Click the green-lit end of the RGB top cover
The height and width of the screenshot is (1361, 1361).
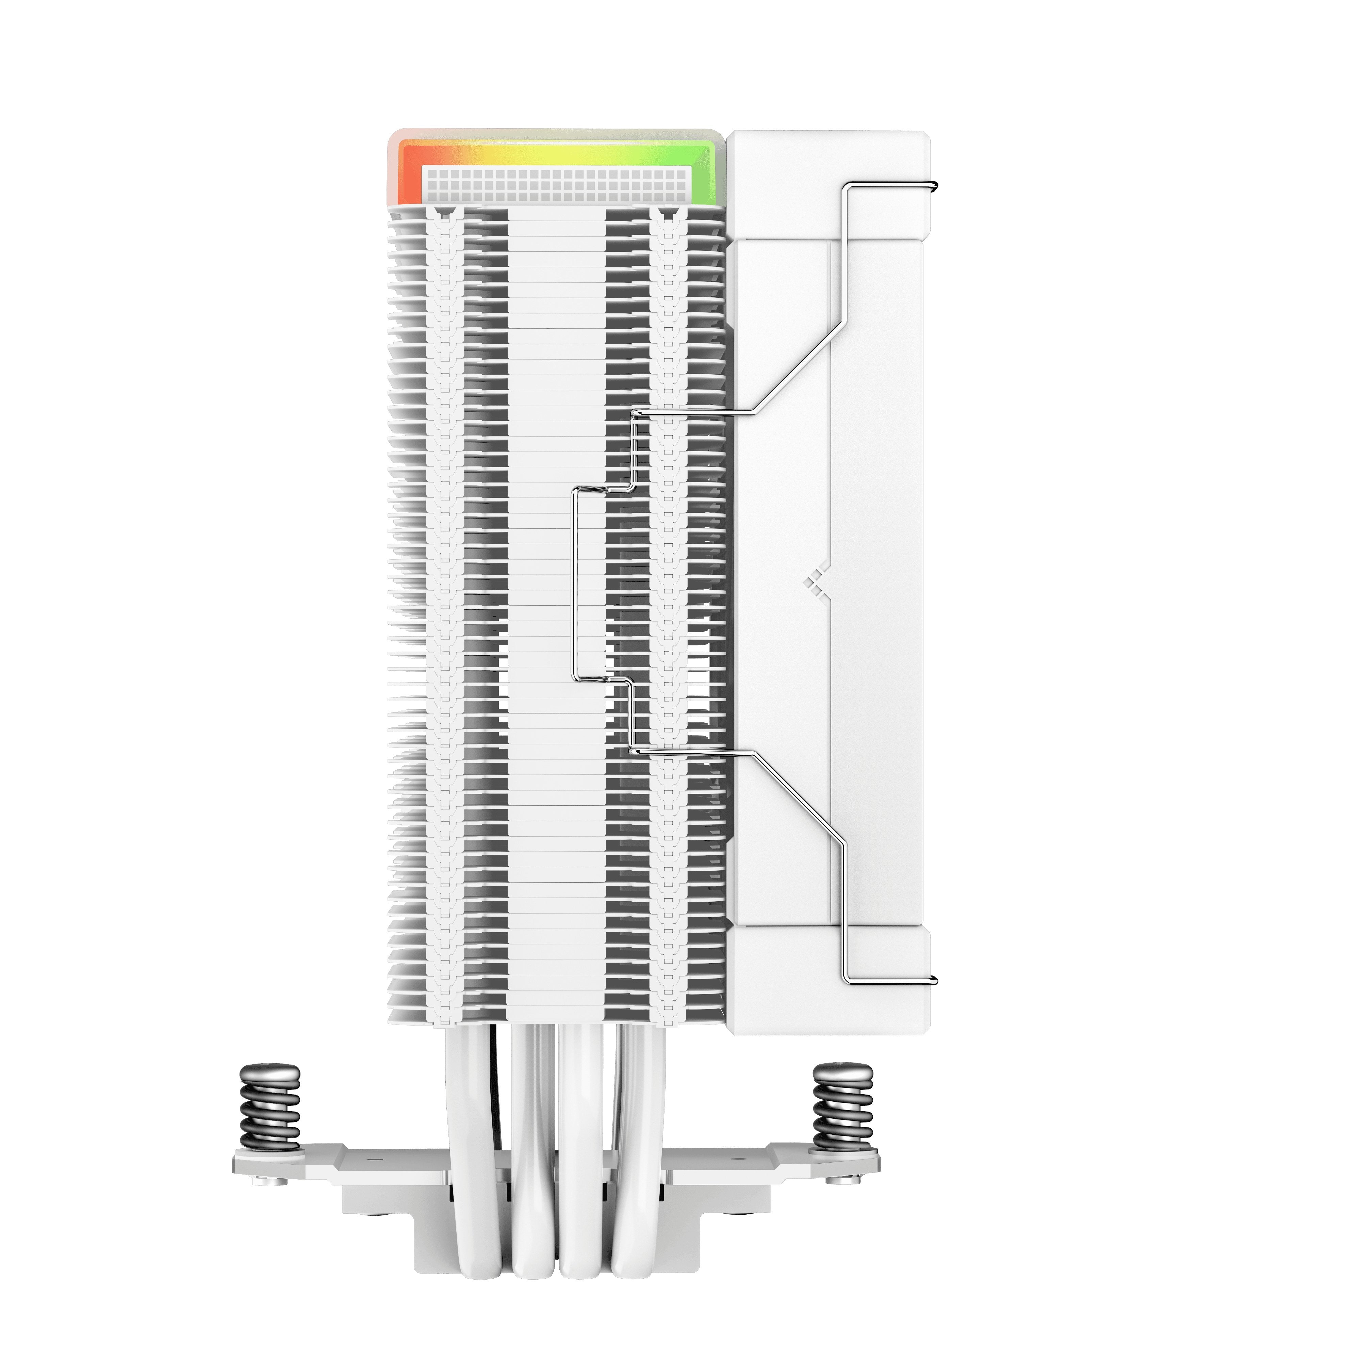point(708,169)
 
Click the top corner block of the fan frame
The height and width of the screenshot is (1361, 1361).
point(828,183)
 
